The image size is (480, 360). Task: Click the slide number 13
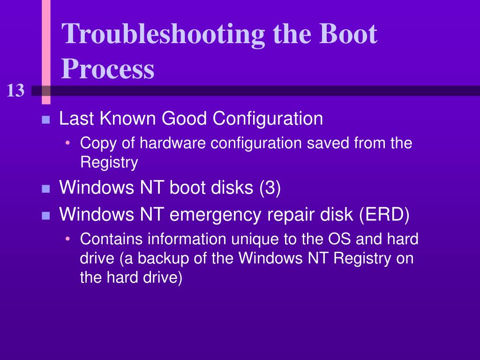15,90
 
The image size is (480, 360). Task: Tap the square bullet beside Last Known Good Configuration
45,120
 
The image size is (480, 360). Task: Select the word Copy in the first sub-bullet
95,143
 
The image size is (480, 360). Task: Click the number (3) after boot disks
270,188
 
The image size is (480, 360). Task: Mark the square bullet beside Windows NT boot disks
45,189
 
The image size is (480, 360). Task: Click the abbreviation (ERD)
385,216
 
